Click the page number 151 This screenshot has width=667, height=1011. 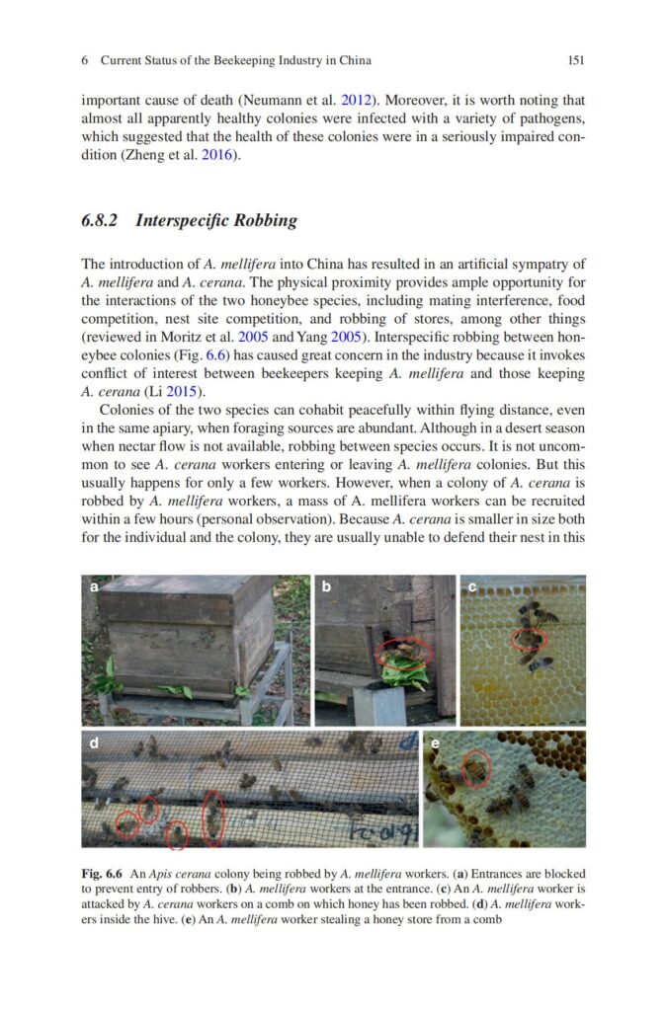click(577, 60)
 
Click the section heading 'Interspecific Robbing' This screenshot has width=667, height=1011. click(215, 220)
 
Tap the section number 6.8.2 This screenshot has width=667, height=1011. click(101, 220)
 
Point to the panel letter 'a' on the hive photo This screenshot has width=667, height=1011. click(94, 587)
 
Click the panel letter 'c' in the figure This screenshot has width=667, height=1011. click(471, 587)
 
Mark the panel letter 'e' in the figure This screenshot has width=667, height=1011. click(434, 742)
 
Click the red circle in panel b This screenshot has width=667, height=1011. click(403, 651)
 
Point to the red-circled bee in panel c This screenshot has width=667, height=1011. click(527, 640)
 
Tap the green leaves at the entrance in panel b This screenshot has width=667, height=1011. click(406, 674)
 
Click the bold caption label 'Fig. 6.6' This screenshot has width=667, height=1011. click(102, 874)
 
